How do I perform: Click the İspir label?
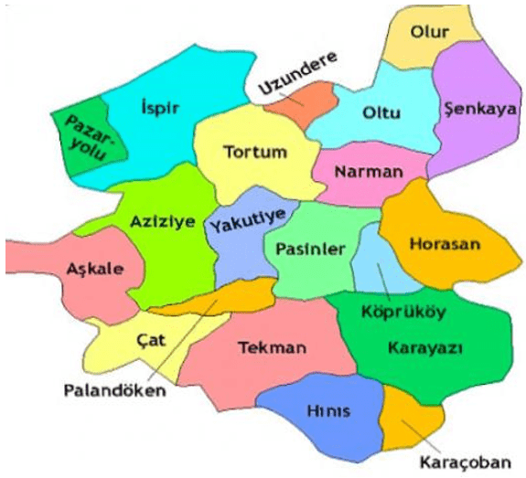[x=161, y=109]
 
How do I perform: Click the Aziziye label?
[x=156, y=221]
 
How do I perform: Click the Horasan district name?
[x=444, y=246]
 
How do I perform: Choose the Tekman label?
[x=271, y=347]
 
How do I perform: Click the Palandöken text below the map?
[x=116, y=390]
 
